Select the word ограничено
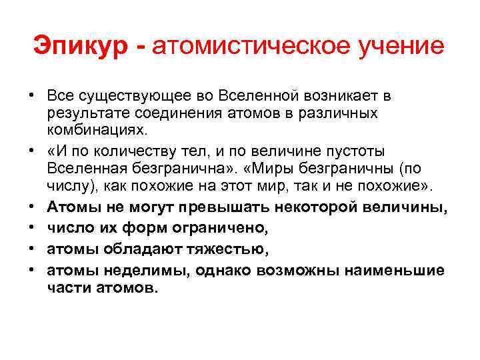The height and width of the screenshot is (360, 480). [223, 229]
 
